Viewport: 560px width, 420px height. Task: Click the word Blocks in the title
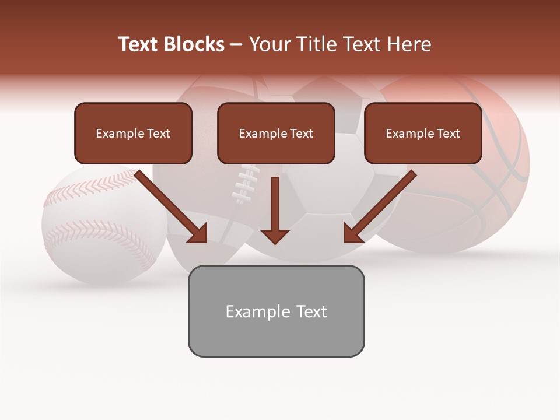193,44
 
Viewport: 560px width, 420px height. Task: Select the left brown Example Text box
133,134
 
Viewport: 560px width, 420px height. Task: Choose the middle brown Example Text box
276,134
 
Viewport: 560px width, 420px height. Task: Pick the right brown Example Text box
423,134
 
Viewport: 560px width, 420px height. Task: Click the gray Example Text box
276,311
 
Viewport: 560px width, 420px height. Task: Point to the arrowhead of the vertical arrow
275,236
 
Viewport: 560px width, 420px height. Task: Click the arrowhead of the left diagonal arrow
198,235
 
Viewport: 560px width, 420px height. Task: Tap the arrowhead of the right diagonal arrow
352,235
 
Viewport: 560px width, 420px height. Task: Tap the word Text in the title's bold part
139,44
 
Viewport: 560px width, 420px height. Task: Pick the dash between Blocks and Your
236,44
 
